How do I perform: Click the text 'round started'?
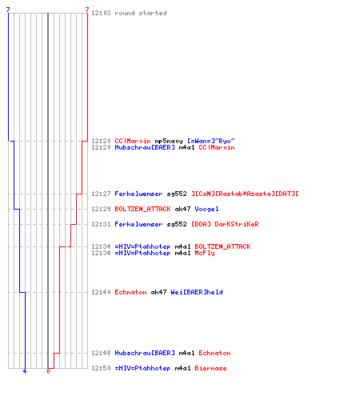141,13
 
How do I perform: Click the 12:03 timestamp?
101,13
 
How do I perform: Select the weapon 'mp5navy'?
169,141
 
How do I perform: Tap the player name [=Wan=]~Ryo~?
211,141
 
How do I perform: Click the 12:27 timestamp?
101,194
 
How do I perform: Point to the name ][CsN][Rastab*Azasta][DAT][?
245,194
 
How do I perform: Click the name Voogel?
206,209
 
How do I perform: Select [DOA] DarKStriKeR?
225,224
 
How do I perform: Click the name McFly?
205,253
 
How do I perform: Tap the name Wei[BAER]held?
197,292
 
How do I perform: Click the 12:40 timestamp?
101,292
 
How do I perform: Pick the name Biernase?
210,368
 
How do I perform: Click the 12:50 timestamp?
101,368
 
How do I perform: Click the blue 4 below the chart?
25,371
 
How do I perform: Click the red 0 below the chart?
48,371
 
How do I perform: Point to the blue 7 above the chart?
8,10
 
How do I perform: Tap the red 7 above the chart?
87,10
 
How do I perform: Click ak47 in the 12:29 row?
182,209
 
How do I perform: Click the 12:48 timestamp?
101,353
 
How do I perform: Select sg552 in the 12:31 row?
177,224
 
